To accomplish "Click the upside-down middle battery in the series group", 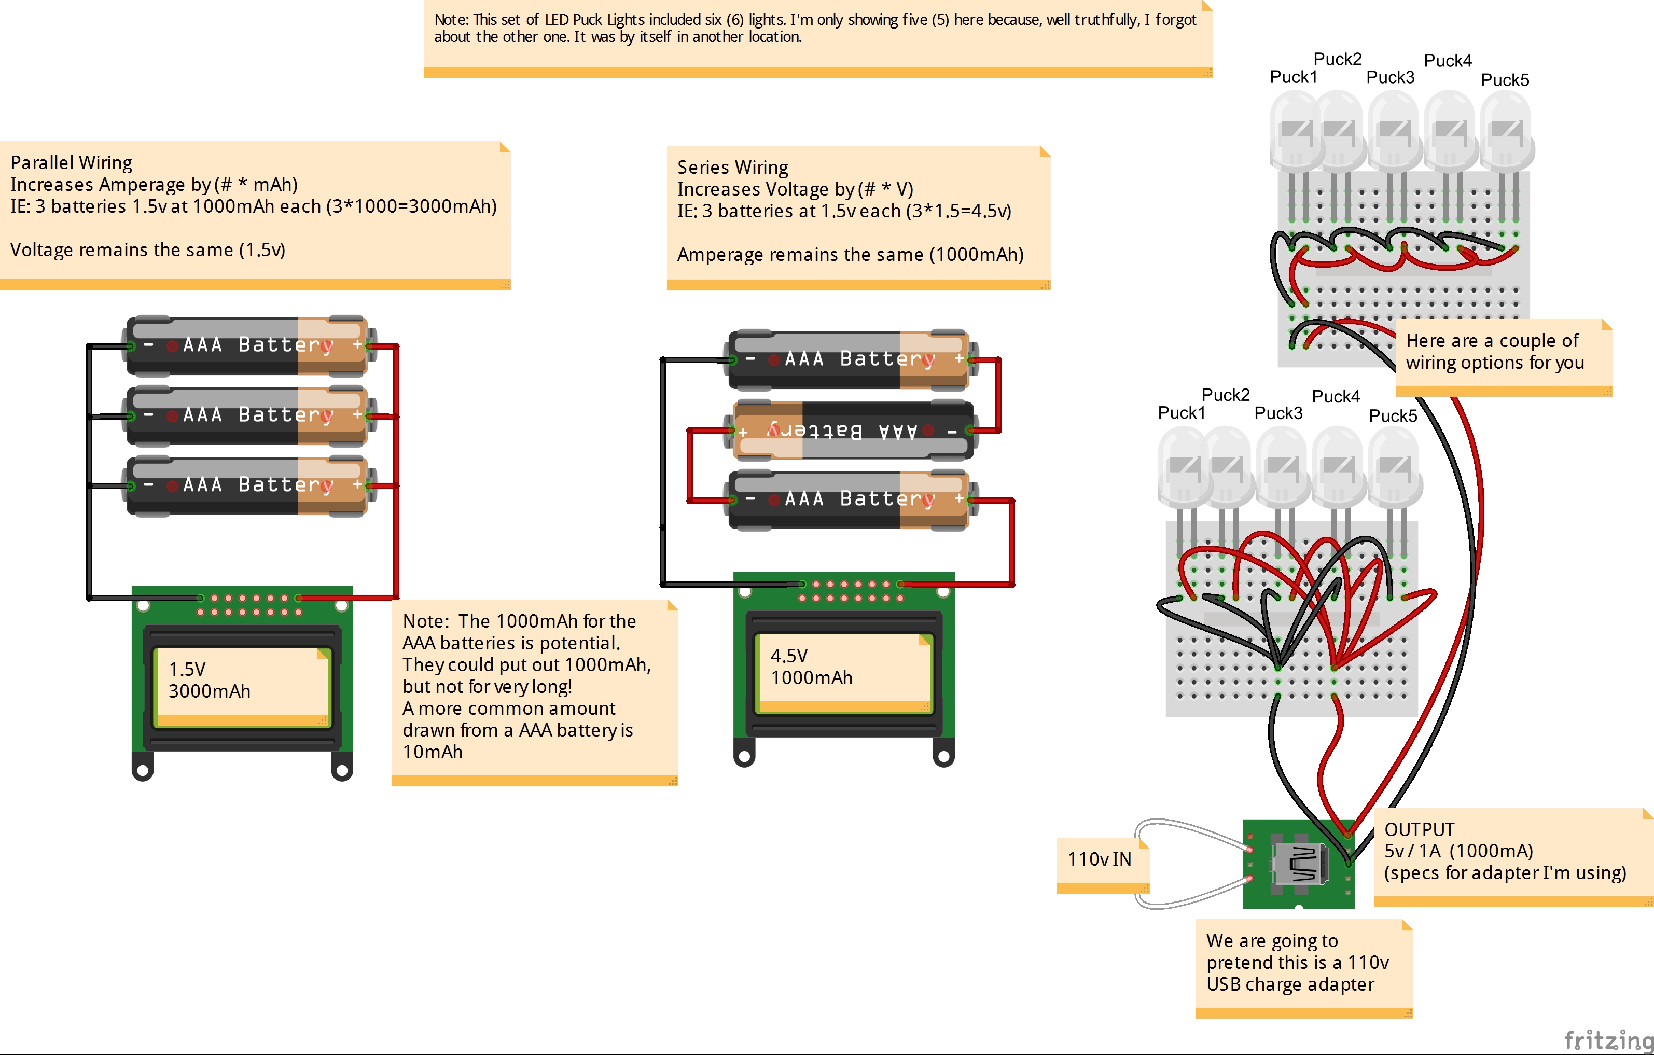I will click(852, 431).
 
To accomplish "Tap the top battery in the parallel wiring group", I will click(247, 345).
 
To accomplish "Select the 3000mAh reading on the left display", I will click(210, 691).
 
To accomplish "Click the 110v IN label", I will click(1099, 859).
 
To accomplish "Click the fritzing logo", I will click(1607, 1040).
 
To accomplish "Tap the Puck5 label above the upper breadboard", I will click(1504, 80).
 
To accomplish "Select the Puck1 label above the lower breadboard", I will click(1182, 413).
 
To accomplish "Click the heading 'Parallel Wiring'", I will click(72, 163).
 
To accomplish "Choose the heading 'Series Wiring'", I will click(732, 168).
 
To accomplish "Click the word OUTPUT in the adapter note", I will click(1419, 830).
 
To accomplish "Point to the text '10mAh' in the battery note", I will click(433, 752).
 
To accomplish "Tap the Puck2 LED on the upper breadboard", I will click(1339, 131).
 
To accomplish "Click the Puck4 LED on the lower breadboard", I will click(1338, 467).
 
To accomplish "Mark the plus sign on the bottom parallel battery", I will click(357, 485).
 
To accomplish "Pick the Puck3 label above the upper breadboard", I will click(1390, 78).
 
